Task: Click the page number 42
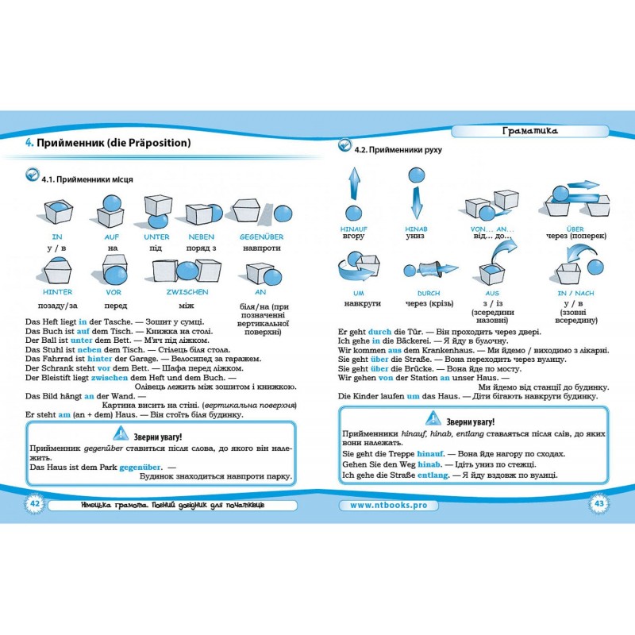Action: [x=35, y=503]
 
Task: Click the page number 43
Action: [x=599, y=503]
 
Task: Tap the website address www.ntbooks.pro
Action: [x=388, y=505]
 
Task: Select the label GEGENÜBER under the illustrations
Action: [x=262, y=237]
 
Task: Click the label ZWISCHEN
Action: [x=187, y=292]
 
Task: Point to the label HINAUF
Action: [x=353, y=229]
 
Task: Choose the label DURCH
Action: [x=429, y=293]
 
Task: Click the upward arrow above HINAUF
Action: [x=354, y=183]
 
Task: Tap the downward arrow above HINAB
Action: [x=416, y=203]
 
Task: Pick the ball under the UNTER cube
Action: [x=158, y=221]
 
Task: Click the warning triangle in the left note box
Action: [x=121, y=433]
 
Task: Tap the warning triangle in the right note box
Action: [x=433, y=418]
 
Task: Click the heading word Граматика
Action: [x=529, y=130]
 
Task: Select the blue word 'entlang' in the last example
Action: [x=433, y=475]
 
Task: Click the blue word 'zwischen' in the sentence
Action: [x=110, y=378]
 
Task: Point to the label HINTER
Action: [x=57, y=292]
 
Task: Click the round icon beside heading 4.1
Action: [x=32, y=175]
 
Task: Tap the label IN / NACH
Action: [x=575, y=293]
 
